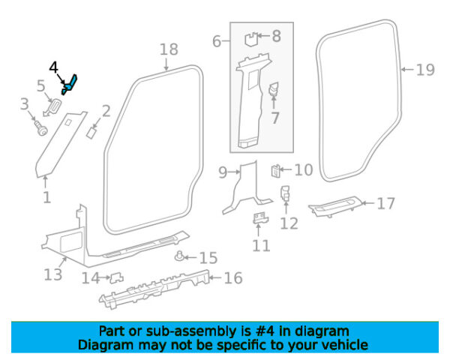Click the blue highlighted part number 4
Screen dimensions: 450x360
coord(70,85)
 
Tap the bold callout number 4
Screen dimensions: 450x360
coord(54,67)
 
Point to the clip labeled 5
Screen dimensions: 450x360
coord(54,106)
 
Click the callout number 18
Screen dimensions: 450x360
coord(169,49)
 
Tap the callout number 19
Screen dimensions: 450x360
coord(425,70)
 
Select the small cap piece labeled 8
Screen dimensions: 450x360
coord(251,40)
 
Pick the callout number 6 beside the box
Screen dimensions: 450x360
coord(217,41)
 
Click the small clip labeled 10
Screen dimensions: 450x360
coord(275,171)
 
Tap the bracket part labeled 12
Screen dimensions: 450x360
coord(285,193)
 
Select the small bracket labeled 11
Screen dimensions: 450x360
coord(260,218)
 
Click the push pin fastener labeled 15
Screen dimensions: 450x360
coord(179,256)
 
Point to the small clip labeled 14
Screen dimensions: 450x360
coord(117,277)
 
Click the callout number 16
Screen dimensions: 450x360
coord(233,278)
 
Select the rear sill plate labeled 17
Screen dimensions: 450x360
coord(335,207)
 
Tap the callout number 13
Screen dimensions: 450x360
coord(53,274)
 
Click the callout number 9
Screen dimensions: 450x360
coord(223,172)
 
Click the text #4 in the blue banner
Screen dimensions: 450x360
coord(265,331)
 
